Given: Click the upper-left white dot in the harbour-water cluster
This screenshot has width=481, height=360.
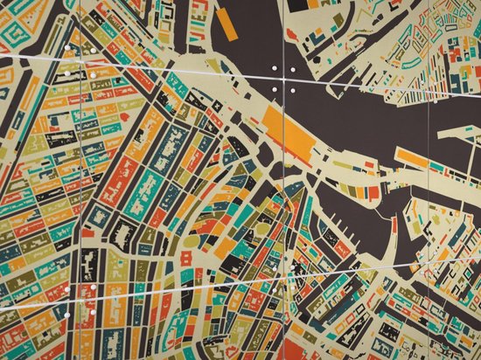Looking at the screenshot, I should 275,67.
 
